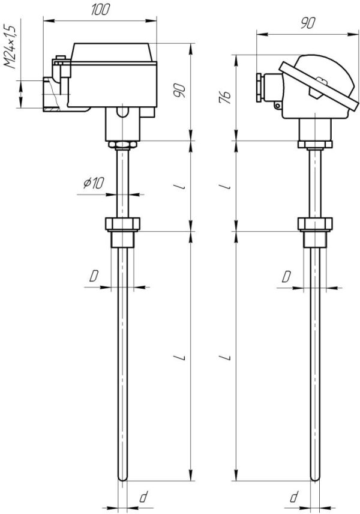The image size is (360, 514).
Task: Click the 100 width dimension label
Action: click(x=100, y=10)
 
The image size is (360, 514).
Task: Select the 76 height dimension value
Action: click(x=225, y=98)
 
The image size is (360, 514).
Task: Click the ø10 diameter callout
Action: click(x=94, y=183)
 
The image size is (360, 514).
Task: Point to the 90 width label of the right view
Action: click(x=308, y=23)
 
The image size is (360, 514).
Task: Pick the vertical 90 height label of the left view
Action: click(x=179, y=91)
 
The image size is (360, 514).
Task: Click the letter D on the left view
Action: click(x=94, y=276)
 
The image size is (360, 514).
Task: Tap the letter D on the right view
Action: click(x=286, y=276)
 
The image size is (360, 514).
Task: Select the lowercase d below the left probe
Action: click(x=143, y=497)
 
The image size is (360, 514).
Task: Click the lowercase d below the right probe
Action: click(x=294, y=497)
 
